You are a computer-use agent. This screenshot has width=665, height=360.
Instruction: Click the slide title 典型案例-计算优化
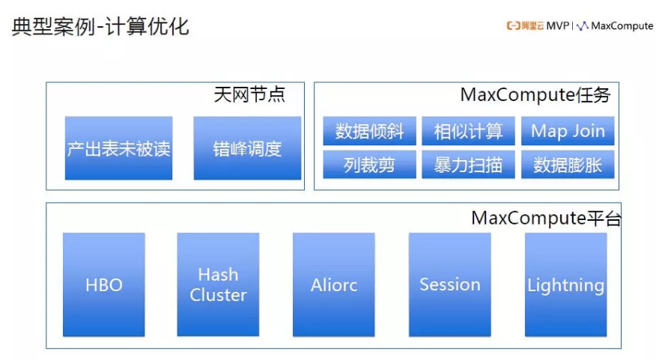[100, 27]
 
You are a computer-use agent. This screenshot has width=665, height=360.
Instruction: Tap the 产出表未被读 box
[118, 148]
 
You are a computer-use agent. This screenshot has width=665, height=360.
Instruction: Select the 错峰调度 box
[247, 148]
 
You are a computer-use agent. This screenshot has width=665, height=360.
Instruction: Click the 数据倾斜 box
[369, 131]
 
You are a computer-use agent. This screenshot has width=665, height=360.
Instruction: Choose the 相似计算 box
[468, 131]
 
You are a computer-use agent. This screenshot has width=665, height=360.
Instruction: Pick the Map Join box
[568, 131]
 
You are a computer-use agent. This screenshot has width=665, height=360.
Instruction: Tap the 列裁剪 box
[369, 165]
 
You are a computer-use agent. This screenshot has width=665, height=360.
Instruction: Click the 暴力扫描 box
[468, 165]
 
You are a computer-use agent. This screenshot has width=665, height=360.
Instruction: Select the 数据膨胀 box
[568, 165]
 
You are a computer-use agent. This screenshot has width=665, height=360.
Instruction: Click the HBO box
[103, 284]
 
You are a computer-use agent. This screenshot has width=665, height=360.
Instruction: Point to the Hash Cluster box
[218, 284]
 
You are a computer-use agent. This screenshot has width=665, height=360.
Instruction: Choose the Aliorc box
[333, 284]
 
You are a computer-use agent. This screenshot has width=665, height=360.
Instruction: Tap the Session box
[449, 284]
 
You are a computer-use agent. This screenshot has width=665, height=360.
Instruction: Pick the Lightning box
[565, 284]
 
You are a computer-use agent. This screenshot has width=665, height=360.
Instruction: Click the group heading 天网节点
[249, 96]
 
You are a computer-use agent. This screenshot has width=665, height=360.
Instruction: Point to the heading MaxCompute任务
[535, 96]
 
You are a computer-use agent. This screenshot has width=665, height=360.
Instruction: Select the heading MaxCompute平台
[546, 219]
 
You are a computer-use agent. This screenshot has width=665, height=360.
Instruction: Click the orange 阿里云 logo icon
[513, 26]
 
